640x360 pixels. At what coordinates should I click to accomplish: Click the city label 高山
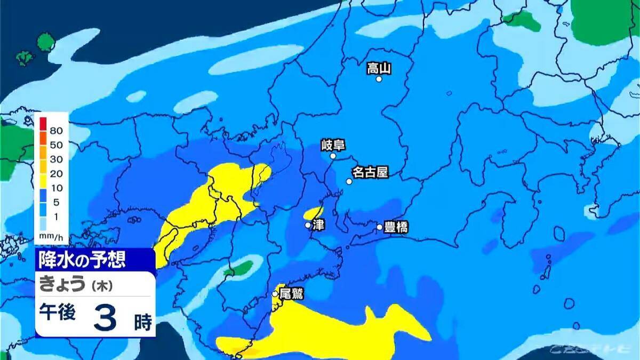[379, 68]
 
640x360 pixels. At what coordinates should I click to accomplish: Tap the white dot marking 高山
[379, 79]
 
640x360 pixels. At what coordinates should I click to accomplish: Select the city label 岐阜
[333, 145]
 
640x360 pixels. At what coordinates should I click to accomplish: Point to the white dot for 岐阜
[333, 156]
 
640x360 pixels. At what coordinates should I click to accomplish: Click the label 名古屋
[370, 173]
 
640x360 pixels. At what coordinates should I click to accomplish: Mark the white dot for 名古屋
[349, 181]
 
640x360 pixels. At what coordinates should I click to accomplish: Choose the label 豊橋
[395, 228]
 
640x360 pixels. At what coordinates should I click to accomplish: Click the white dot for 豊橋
[380, 227]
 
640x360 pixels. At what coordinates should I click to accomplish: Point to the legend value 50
[56, 145]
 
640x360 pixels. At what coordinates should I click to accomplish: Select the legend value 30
[56, 159]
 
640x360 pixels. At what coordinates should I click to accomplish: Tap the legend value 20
[56, 174]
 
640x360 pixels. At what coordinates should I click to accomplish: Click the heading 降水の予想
[82, 260]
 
